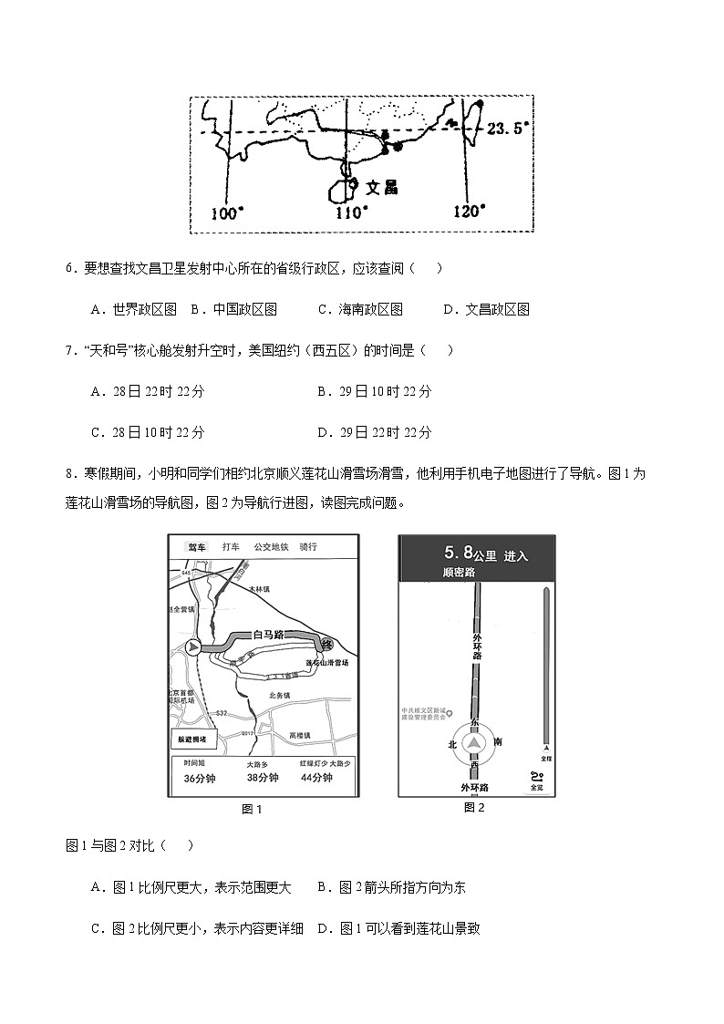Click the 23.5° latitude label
[x=508, y=129]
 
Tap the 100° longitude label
[x=227, y=212]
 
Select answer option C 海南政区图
[x=360, y=309]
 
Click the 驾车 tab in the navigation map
[x=197, y=547]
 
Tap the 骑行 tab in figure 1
[x=308, y=547]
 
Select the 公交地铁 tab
[x=271, y=547]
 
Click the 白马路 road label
[x=270, y=633]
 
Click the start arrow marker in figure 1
[x=192, y=647]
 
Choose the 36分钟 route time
[x=199, y=779]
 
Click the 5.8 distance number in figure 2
[x=458, y=553]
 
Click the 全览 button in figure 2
[x=535, y=781]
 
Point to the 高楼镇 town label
[x=299, y=735]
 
